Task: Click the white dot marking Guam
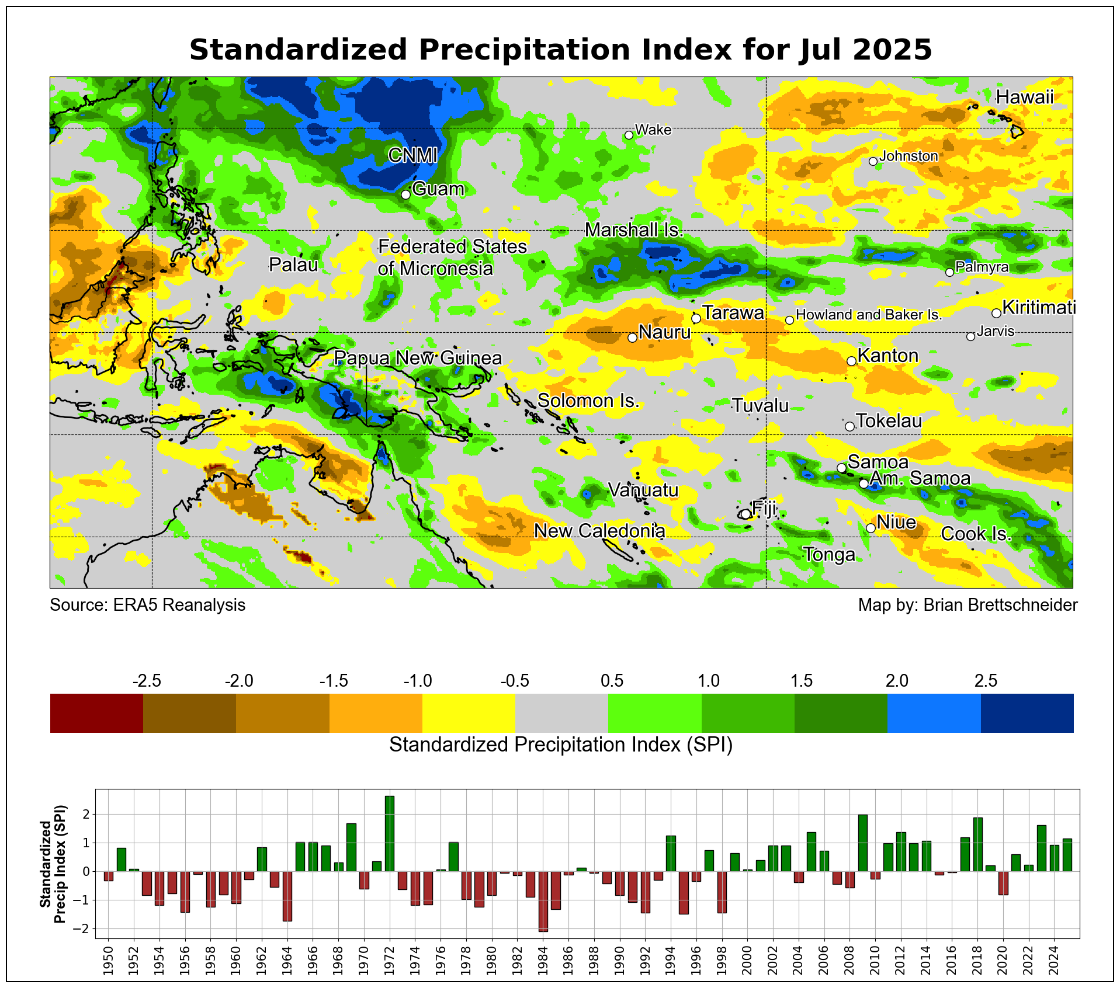point(405,194)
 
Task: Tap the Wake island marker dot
point(629,135)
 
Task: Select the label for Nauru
point(664,332)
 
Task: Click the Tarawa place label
point(733,313)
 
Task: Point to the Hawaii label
point(1025,97)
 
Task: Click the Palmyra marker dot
point(949,272)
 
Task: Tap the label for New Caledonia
point(599,531)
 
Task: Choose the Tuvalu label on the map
point(760,405)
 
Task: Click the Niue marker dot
point(870,528)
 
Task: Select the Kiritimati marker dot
point(996,313)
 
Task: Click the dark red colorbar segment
point(96,712)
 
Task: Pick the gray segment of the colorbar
point(561,712)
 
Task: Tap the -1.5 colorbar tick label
point(334,681)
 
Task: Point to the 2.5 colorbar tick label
point(986,681)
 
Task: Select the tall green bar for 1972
point(390,833)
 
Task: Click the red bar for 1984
point(543,901)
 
